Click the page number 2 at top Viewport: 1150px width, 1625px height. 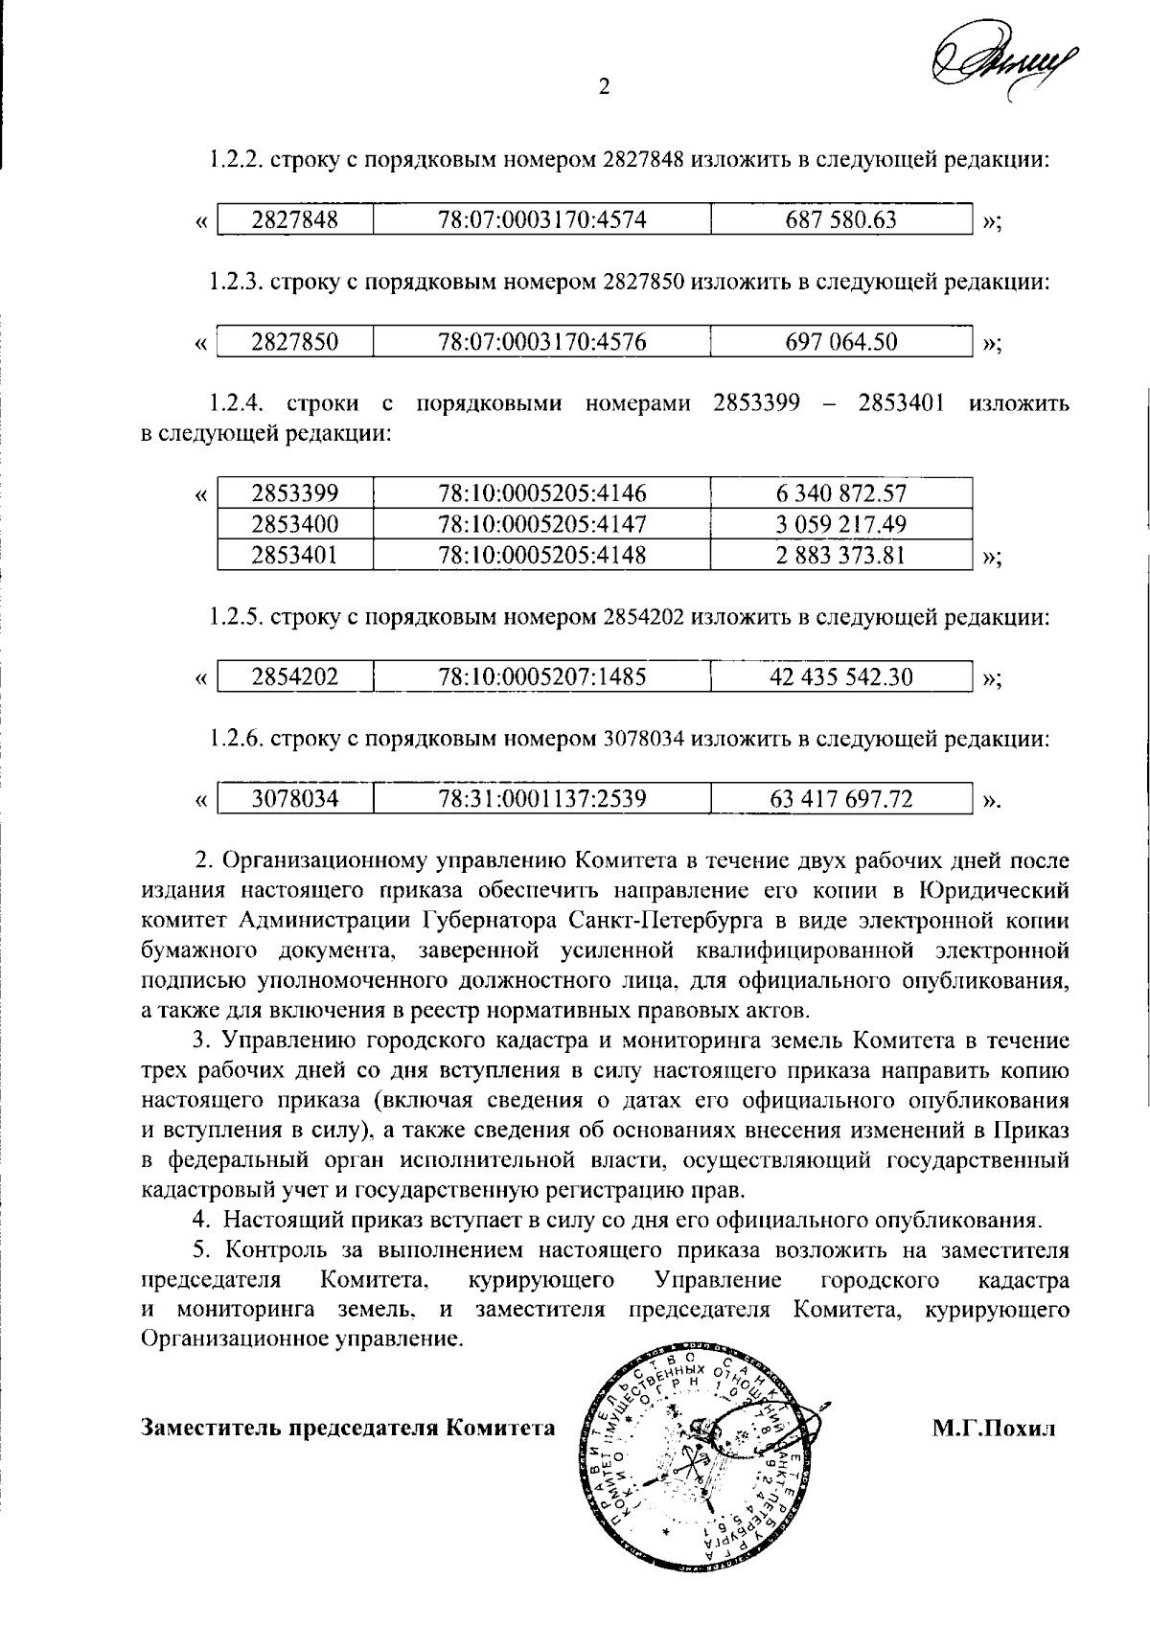pos(604,87)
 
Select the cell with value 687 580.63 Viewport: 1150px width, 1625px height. pos(840,220)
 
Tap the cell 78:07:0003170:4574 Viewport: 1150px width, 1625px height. pos(541,220)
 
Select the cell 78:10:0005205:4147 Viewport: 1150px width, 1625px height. pos(541,524)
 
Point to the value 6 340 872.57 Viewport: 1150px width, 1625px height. pos(840,494)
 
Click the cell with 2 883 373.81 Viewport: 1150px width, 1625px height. pos(840,555)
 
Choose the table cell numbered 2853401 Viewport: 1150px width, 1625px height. pos(294,555)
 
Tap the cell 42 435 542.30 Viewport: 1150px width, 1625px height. pos(840,677)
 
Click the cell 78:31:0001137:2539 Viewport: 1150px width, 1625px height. pos(541,799)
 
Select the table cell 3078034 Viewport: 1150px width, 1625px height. pos(294,799)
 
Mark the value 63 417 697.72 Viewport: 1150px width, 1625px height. pos(840,799)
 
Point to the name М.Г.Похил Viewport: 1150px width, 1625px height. pos(994,1429)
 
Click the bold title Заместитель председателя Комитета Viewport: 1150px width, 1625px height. pos(348,1429)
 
